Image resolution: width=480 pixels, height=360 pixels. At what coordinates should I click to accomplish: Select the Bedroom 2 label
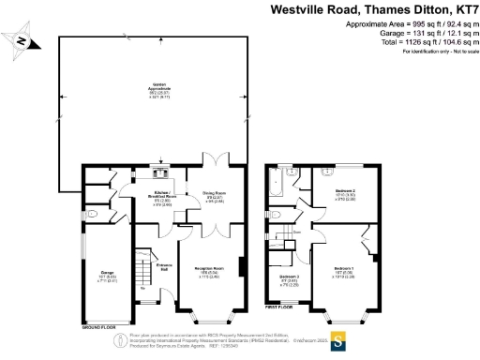pyautogui.click(x=343, y=194)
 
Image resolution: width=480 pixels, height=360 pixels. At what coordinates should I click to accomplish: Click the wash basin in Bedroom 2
pyautogui.click(x=327, y=173)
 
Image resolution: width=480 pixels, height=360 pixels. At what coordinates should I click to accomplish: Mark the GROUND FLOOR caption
pyautogui.click(x=99, y=328)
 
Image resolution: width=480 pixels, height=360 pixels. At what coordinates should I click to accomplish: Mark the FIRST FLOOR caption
pyautogui.click(x=280, y=306)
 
